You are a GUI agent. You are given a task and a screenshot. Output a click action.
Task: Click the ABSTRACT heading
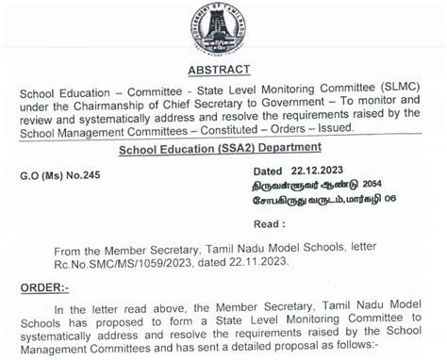tap(220, 70)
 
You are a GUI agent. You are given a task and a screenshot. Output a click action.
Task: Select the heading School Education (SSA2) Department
tap(220, 148)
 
